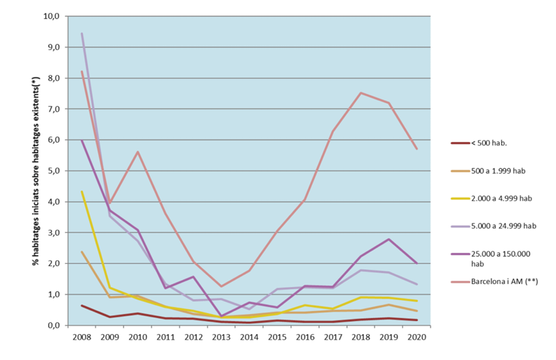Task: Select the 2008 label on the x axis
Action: point(82,336)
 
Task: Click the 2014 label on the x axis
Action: point(249,336)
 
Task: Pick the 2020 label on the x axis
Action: point(417,336)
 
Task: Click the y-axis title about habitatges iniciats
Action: point(34,171)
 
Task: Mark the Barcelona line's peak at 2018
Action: point(361,93)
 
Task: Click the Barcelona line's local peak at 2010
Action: point(138,152)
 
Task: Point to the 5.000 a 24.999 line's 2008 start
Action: point(82,33)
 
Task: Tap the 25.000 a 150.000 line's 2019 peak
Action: point(389,239)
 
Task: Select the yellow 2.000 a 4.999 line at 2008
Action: point(82,191)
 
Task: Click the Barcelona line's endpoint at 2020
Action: point(417,149)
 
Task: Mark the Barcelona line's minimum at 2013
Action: point(222,286)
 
